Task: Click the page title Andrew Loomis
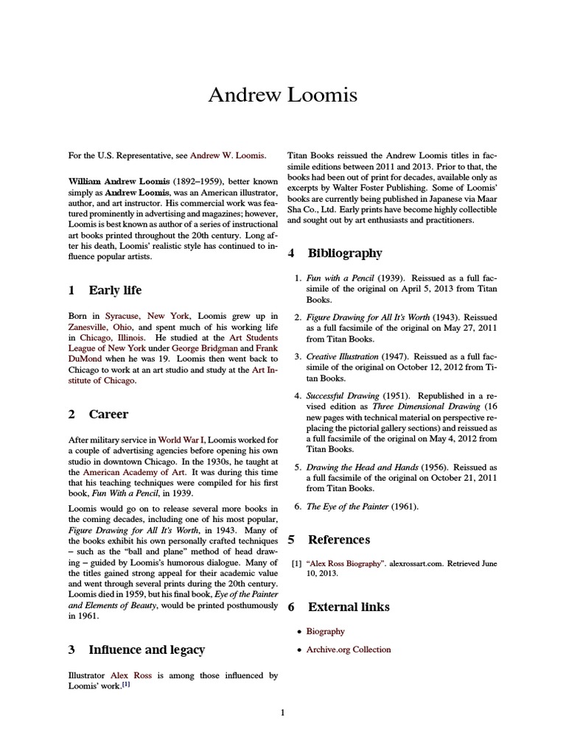[x=283, y=95]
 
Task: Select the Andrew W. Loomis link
[x=228, y=156]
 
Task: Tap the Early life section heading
[x=115, y=290]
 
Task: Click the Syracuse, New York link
[x=147, y=315]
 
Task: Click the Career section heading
[x=108, y=414]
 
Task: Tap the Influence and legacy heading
[x=147, y=649]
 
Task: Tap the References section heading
[x=339, y=539]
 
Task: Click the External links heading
[x=349, y=607]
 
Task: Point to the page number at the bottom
[x=282, y=712]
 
